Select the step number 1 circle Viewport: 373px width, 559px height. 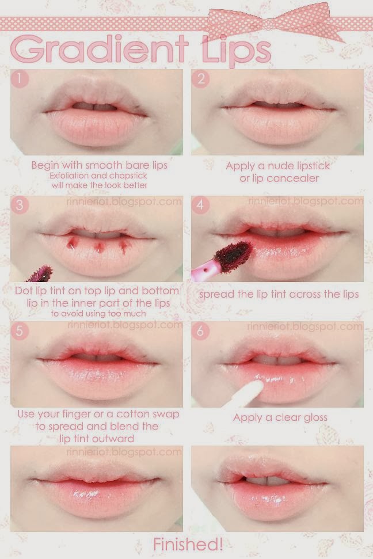pyautogui.click(x=20, y=79)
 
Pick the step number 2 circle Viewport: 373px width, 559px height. pyautogui.click(x=201, y=79)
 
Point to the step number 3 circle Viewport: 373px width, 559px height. pyautogui.click(x=20, y=205)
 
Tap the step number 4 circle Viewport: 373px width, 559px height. pyautogui.click(x=200, y=205)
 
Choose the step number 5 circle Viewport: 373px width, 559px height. pyautogui.click(x=20, y=331)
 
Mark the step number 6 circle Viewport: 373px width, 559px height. pyautogui.click(x=200, y=331)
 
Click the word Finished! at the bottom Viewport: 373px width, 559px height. pyautogui.click(x=188, y=545)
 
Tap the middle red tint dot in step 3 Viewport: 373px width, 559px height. pyautogui.click(x=100, y=246)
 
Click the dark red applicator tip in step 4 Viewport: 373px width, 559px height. pyautogui.click(x=233, y=255)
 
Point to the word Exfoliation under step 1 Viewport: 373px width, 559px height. pyautogui.click(x=69, y=176)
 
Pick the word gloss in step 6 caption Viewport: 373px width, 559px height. pyautogui.click(x=314, y=418)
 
